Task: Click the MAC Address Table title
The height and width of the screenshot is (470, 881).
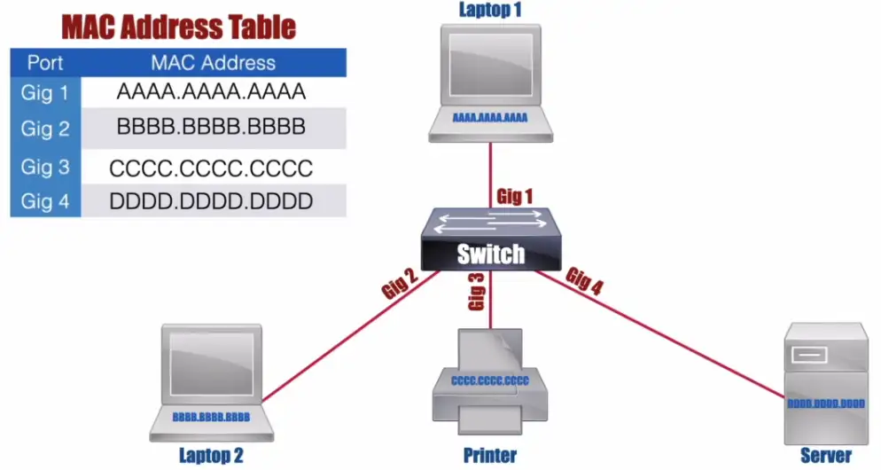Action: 179,27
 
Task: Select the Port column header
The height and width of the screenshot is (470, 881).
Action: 45,62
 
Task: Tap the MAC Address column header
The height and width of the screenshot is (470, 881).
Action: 214,62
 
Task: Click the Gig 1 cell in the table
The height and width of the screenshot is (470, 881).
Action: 45,92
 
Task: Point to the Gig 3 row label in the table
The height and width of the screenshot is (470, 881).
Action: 45,167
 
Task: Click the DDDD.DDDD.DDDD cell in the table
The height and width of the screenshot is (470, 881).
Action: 211,200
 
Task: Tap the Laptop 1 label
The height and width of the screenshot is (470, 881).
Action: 490,10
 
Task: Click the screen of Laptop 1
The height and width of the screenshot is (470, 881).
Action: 491,65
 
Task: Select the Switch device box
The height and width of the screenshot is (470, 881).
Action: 491,240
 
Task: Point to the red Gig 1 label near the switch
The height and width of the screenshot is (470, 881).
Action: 514,196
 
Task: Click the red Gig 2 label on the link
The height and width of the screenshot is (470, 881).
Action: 400,283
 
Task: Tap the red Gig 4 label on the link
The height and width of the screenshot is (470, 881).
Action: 584,281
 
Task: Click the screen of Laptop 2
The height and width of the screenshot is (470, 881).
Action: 212,364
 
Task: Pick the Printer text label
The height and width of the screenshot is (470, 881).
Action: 490,455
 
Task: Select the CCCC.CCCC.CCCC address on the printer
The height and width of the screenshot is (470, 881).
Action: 490,380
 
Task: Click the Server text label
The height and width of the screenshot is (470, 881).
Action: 826,455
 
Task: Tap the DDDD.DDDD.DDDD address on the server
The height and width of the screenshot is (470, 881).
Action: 826,403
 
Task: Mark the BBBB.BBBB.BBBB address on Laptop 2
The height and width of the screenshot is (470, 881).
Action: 211,417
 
